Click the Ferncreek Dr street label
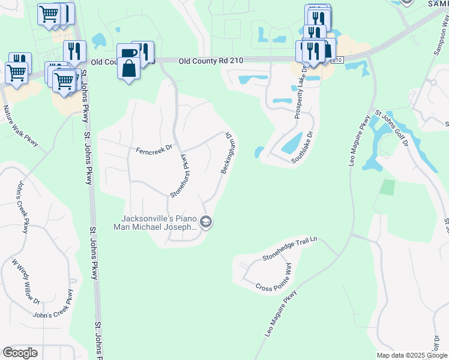point(154,148)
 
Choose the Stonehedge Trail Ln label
point(289,249)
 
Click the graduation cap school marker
point(206,223)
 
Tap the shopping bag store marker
point(129,68)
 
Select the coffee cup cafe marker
point(128,52)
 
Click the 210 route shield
point(337,61)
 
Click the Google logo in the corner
point(20,353)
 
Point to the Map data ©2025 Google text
point(412,355)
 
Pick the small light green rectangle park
point(388,187)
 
